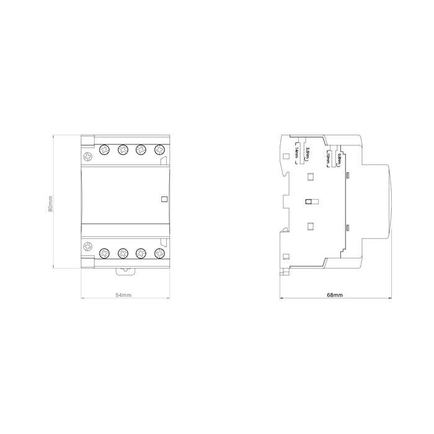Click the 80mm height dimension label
click(51, 203)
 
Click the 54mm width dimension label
click(124, 295)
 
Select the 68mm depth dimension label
click(335, 295)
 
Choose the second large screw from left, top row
click(123, 150)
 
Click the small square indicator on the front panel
click(164, 199)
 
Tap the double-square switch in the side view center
click(311, 201)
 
